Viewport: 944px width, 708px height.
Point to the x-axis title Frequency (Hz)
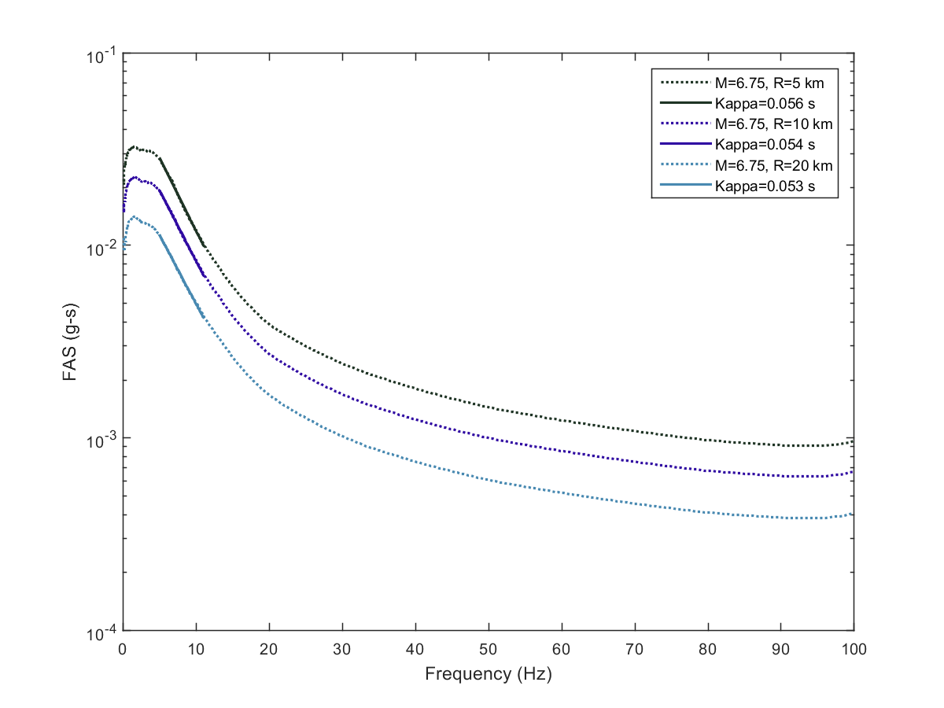(x=488, y=674)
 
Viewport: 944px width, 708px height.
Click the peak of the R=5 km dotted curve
(x=135, y=147)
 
